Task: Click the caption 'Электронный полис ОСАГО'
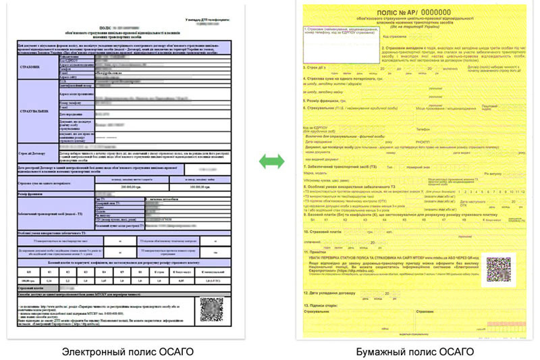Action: pos(128,351)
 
